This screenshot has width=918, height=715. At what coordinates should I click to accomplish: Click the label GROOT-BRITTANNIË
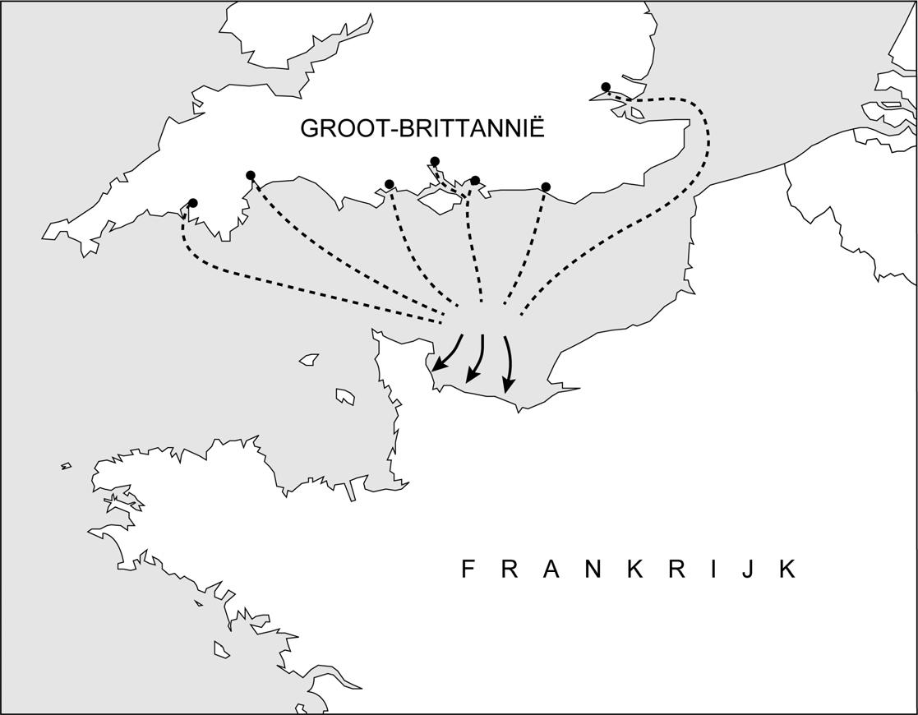(x=422, y=129)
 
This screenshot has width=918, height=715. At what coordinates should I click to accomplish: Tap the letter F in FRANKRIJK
(x=468, y=570)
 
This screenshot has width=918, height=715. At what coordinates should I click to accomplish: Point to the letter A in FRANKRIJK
(x=551, y=570)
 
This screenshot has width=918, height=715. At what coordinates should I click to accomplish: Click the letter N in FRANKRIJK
(x=593, y=570)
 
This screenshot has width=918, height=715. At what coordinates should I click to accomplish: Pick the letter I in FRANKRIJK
(x=713, y=570)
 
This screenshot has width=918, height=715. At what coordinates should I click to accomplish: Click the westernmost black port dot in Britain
(x=193, y=203)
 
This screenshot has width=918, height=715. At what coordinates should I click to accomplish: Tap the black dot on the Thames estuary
(x=606, y=87)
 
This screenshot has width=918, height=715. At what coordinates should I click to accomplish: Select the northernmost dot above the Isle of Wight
(x=435, y=161)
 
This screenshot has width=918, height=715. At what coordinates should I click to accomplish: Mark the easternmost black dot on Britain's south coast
(x=546, y=187)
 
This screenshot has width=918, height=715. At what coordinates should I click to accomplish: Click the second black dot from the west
(x=251, y=175)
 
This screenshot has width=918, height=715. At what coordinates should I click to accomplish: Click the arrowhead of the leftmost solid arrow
(x=438, y=367)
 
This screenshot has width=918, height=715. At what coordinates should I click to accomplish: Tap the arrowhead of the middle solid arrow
(x=471, y=377)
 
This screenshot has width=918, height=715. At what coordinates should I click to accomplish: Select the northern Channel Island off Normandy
(x=309, y=359)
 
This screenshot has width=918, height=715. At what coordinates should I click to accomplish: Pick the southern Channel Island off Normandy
(x=345, y=397)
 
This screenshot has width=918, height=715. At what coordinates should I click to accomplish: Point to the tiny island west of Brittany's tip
(x=66, y=466)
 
